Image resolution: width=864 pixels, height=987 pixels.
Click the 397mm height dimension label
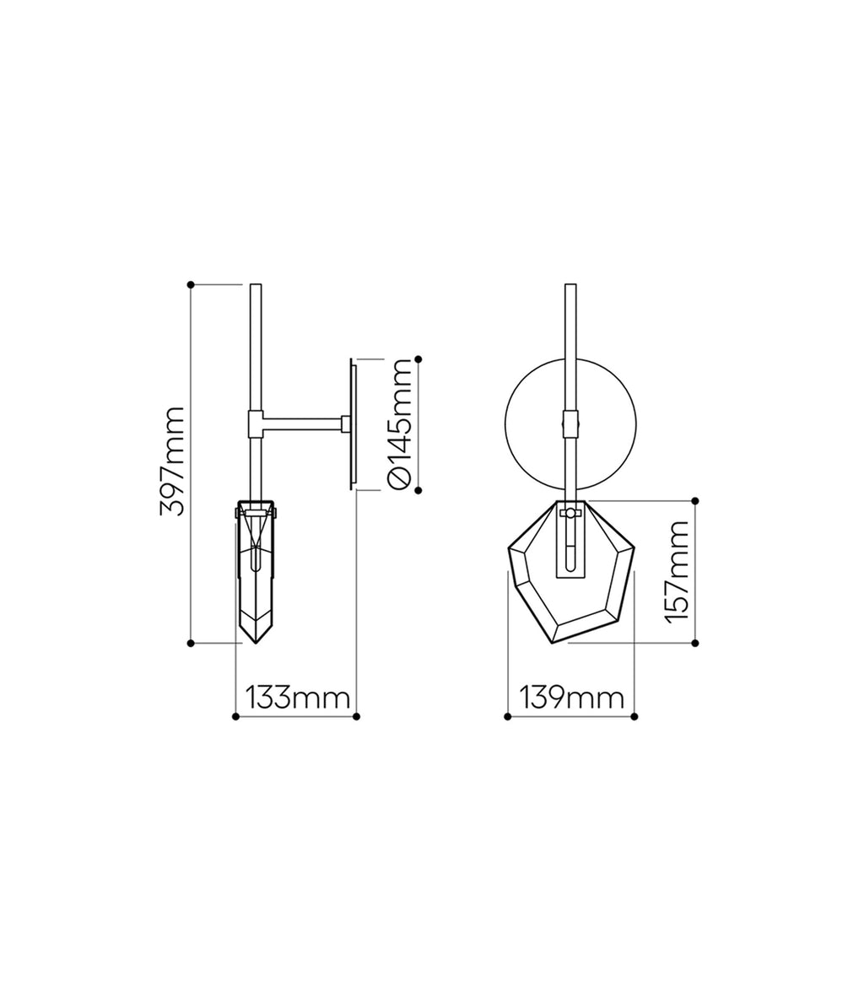[172, 461]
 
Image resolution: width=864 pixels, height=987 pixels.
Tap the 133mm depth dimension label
[297, 698]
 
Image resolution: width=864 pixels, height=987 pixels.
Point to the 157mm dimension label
[677, 572]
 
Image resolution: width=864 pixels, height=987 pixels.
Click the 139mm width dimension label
[572, 698]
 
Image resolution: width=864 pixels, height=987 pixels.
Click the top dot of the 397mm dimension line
[191, 284]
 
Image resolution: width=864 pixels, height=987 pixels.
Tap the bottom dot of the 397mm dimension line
[191, 643]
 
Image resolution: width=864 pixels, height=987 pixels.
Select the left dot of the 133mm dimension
[235, 716]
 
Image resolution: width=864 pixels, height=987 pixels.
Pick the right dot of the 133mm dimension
[356, 716]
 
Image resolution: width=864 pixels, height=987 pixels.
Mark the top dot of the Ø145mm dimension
[418, 359]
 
